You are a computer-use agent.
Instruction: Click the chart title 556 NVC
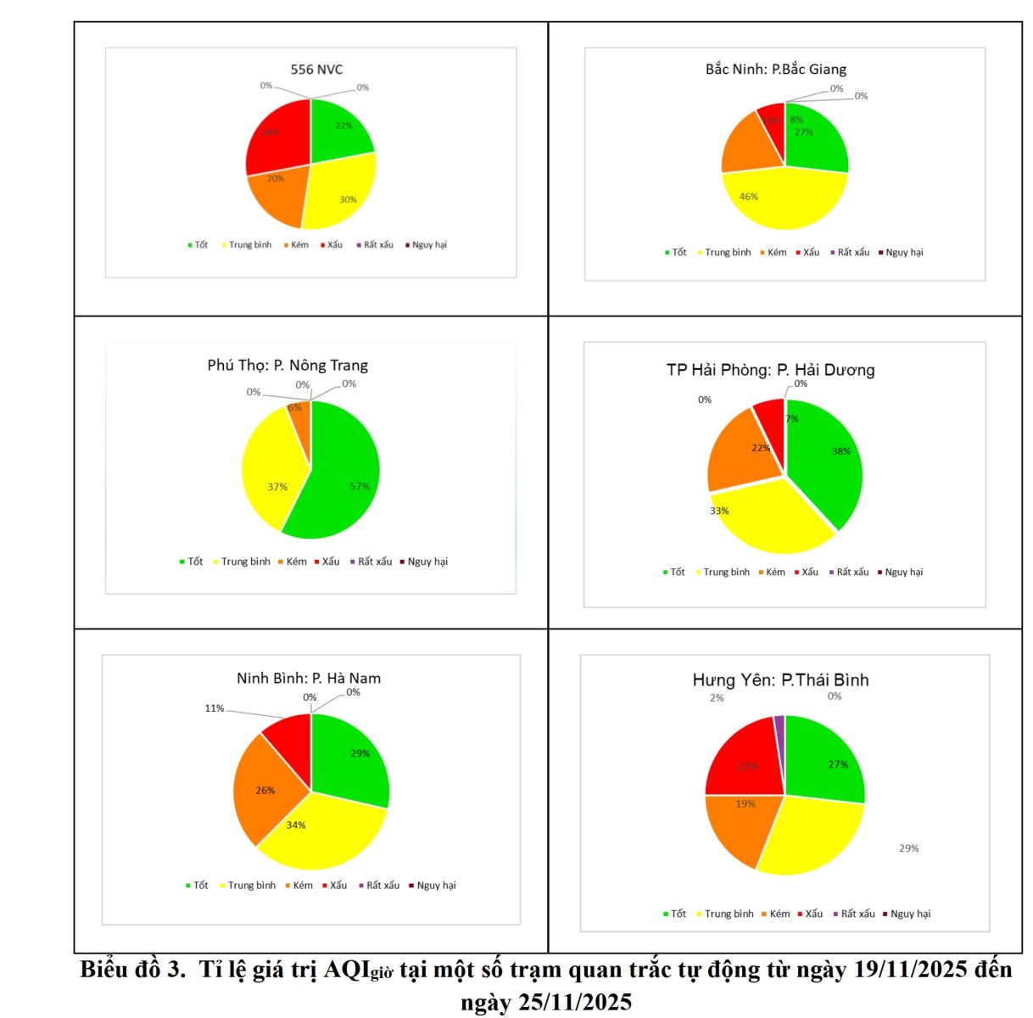tap(316, 70)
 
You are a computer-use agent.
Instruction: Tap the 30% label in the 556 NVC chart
tap(348, 199)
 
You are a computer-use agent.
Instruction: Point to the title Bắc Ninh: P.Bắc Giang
tap(775, 69)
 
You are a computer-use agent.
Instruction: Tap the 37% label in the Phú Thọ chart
tap(277, 487)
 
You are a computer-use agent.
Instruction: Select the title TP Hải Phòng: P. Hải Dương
tap(770, 370)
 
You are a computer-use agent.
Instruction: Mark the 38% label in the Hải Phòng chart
tap(840, 451)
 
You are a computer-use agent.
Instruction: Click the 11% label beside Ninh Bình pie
tap(214, 708)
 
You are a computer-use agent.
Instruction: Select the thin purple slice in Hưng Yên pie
tap(779, 723)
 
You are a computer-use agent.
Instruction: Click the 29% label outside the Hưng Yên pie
tap(908, 848)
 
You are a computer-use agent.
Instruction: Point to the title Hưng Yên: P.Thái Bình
tap(780, 680)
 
